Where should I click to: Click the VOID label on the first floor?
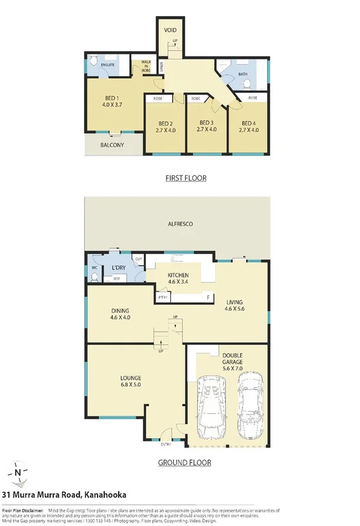click(x=170, y=30)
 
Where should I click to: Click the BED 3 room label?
click(x=206, y=126)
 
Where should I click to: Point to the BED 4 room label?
click(x=249, y=126)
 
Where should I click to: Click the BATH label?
click(x=242, y=74)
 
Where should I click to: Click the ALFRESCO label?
click(x=180, y=224)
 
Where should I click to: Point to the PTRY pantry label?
click(x=163, y=297)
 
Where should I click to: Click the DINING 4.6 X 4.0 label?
click(x=120, y=313)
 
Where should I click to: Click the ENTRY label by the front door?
click(x=166, y=443)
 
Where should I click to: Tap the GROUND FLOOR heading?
click(x=184, y=462)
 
